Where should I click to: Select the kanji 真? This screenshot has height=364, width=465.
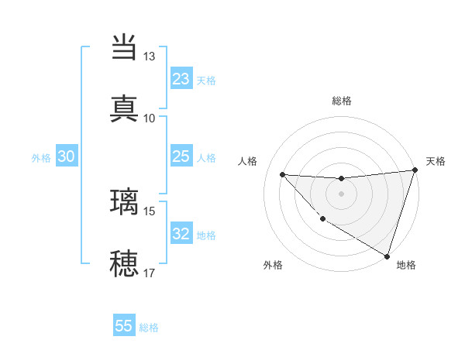coord(124,108)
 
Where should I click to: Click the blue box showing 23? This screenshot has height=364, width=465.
coord(181,79)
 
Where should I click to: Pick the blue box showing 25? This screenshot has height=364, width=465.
coord(181,157)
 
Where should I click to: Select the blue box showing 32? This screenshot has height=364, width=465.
coord(181,235)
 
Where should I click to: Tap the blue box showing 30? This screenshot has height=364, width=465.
coord(67,157)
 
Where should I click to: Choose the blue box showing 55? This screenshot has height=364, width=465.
coord(124,326)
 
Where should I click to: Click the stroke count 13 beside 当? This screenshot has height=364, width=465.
coord(150,57)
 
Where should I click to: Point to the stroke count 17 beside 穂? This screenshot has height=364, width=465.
coord(150,273)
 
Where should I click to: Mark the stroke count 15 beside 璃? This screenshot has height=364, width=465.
coord(150,211)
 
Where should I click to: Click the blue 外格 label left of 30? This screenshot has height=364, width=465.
coord(41,158)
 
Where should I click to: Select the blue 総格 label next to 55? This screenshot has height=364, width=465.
coord(149,328)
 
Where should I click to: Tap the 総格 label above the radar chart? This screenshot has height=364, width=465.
coord(341,101)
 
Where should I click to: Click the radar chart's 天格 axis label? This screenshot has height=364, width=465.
coord(436,161)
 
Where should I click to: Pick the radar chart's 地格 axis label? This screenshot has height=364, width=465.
coord(406,265)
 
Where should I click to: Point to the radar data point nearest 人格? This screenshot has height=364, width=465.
coord(282,174)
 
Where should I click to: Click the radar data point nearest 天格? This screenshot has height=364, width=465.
coord(415,170)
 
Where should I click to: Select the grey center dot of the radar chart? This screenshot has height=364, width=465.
coord(341,194)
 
